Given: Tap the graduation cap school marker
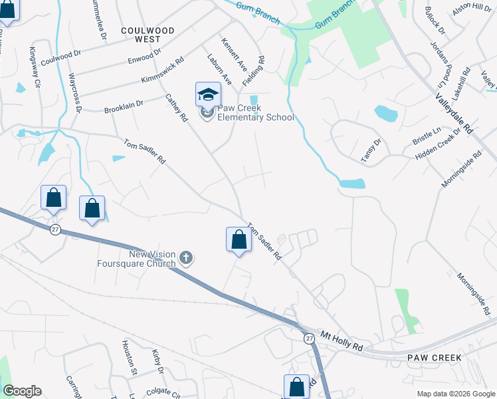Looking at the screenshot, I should coord(208,94).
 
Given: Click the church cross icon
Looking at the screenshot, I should coord(186,258).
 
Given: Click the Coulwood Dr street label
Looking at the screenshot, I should coord(60,59).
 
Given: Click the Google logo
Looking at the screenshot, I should coord(22,391).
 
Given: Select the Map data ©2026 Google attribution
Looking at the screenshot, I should coord(455,394).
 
